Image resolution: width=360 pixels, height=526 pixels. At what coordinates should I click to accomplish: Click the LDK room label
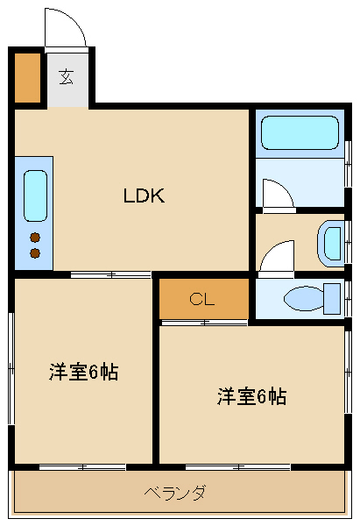pos(145,195)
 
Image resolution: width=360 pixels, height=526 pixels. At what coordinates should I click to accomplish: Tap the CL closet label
pos(201,299)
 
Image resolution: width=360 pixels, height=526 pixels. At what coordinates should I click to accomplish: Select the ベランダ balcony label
pos(174,493)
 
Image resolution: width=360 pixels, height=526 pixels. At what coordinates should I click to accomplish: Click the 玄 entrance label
pos(67,77)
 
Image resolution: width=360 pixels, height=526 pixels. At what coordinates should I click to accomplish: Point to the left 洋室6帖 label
pos(84,372)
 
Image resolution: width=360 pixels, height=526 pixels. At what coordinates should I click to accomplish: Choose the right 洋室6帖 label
pos(251,396)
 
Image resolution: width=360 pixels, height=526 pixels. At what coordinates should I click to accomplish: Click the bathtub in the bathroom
pos(300,132)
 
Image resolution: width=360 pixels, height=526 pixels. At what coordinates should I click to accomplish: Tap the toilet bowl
pos(304,298)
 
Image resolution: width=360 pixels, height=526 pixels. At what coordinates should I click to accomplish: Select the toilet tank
pos(332,299)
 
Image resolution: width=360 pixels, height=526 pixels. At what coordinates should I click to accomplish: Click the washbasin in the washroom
pos(330,244)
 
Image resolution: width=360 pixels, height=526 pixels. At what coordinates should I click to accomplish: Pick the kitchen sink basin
pos(35,195)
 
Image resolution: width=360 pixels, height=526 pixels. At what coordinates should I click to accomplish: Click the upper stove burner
pos(35,238)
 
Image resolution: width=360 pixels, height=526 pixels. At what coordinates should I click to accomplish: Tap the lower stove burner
pos(35,253)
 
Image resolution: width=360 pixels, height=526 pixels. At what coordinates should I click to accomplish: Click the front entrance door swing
pos(66,29)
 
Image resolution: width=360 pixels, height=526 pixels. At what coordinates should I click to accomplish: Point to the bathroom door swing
pos(279,194)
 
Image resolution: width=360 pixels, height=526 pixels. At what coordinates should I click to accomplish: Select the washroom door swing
pos(277,256)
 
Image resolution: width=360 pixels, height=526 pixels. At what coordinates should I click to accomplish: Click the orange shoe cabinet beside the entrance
pos(27,77)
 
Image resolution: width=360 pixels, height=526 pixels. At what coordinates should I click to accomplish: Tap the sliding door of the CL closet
pos(204,323)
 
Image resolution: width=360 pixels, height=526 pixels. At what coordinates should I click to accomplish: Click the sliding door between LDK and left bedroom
pos(111,274)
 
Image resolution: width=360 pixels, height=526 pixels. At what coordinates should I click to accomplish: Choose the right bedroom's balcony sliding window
pos(238,466)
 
